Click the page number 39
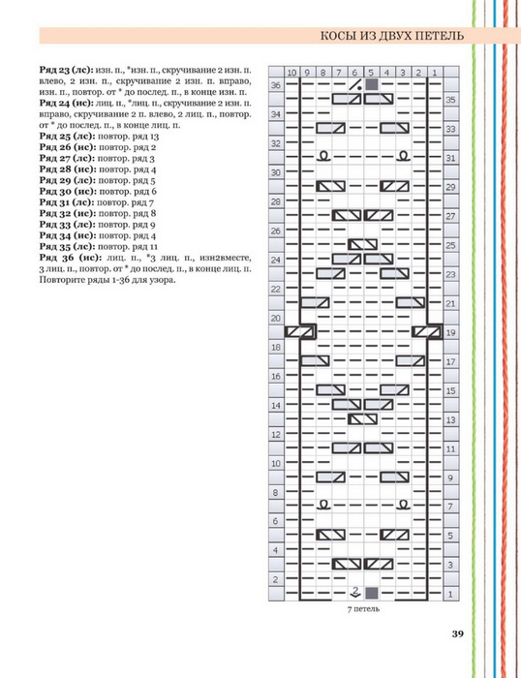tap(457, 633)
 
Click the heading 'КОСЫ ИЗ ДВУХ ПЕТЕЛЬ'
tap(392, 36)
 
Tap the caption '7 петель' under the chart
tap(363, 609)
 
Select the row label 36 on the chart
tap(276, 85)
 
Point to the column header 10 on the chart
tap(291, 73)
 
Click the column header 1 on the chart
tap(435, 73)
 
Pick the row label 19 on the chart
tap(450, 332)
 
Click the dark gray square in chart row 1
tap(372, 593)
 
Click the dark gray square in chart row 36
tap(372, 85)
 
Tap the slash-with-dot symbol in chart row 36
tap(355, 85)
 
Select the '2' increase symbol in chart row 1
tap(355, 593)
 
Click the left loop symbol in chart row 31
tap(323, 156)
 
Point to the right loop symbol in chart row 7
tap(403, 505)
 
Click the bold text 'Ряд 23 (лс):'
tap(66, 70)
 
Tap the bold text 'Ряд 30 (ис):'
tap(68, 191)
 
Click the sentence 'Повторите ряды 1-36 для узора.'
tap(107, 280)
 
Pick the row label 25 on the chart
tap(450, 245)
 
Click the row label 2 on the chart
tap(276, 579)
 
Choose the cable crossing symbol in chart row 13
tap(363, 419)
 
